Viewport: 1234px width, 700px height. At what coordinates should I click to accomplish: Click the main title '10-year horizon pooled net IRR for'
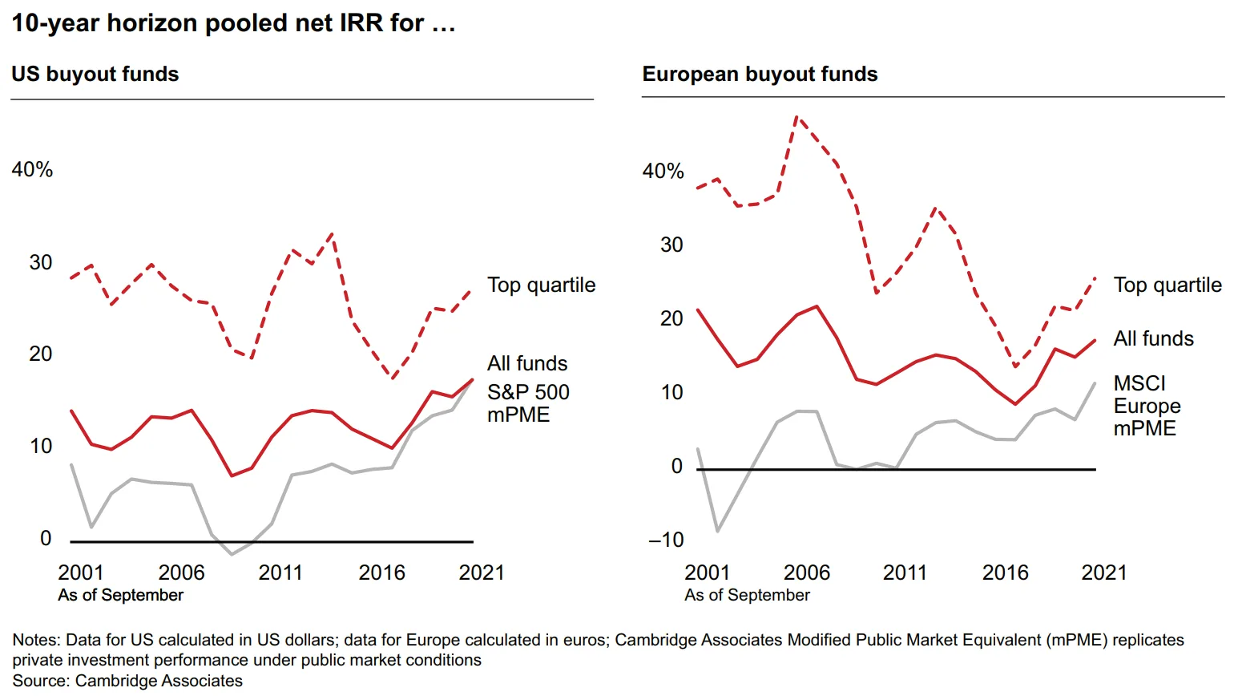tap(232, 23)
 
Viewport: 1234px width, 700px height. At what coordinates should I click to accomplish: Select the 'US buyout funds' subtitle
tap(95, 74)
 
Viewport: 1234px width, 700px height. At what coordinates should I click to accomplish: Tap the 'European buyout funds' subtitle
tap(760, 74)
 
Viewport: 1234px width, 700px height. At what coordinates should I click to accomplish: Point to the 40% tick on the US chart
tap(32, 170)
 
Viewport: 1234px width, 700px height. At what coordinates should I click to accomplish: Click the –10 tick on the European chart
tap(667, 540)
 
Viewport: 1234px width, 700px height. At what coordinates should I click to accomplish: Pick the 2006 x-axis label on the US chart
tap(181, 573)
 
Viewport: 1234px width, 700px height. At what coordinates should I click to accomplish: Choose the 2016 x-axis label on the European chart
tap(1005, 573)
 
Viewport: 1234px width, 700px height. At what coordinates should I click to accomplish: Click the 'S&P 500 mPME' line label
tap(528, 403)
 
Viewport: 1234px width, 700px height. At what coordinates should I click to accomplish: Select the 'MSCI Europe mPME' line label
tap(1147, 406)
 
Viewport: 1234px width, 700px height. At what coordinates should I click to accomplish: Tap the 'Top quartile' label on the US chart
tap(541, 285)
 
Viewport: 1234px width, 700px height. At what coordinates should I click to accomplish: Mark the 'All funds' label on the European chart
tap(1153, 339)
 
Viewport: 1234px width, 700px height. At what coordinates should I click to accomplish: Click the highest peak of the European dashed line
tap(796, 117)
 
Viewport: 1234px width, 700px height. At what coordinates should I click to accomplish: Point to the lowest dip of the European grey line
tap(717, 531)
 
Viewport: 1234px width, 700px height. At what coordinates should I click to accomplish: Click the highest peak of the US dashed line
tap(332, 234)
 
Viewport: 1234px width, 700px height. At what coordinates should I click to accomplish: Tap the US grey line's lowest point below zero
tap(232, 554)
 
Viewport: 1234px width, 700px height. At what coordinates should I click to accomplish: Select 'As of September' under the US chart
tap(120, 595)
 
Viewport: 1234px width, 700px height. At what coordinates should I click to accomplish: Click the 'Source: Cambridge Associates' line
tap(127, 681)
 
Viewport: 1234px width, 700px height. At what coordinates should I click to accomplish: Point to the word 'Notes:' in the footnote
tap(36, 640)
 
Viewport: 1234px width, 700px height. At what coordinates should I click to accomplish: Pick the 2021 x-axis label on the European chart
tap(1103, 573)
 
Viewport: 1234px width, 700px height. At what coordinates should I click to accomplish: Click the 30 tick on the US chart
tap(41, 262)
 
